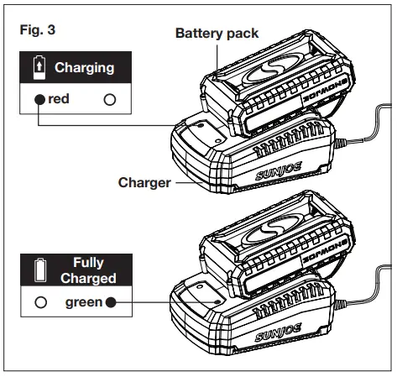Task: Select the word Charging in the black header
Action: pyautogui.click(x=85, y=67)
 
